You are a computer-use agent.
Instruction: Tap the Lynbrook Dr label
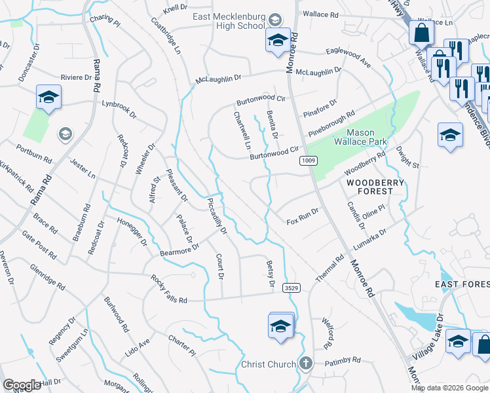[119, 109]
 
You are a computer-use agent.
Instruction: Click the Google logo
[22, 385]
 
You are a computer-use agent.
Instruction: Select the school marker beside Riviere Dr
[48, 99]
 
